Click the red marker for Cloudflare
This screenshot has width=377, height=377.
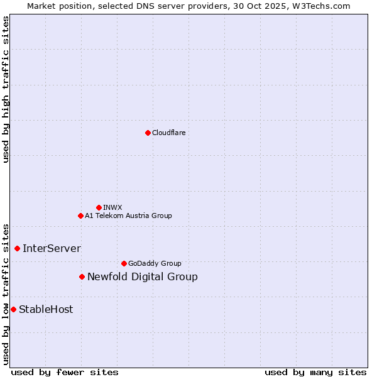click(x=148, y=133)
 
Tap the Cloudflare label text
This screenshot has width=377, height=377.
click(x=168, y=133)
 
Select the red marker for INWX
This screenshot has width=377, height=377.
click(x=99, y=207)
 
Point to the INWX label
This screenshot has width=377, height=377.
click(x=112, y=207)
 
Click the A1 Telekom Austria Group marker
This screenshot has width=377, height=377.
click(x=80, y=216)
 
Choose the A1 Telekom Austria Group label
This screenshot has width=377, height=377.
click(x=128, y=216)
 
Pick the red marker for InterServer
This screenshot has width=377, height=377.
click(x=17, y=248)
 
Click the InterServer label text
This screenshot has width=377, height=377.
click(x=52, y=249)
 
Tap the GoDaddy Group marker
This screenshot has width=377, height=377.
click(x=124, y=263)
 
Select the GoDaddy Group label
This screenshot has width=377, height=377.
click(x=155, y=263)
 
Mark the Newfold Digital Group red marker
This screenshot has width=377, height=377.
click(x=82, y=276)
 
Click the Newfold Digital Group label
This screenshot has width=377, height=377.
click(x=143, y=277)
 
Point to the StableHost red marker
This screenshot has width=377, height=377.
click(x=13, y=309)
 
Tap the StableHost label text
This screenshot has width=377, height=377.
click(x=46, y=309)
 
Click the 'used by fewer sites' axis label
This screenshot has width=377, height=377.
click(x=65, y=372)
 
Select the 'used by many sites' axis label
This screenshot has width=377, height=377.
click(x=315, y=372)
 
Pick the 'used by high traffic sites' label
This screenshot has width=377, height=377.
click(x=6, y=89)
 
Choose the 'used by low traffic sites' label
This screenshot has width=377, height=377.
click(x=6, y=293)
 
